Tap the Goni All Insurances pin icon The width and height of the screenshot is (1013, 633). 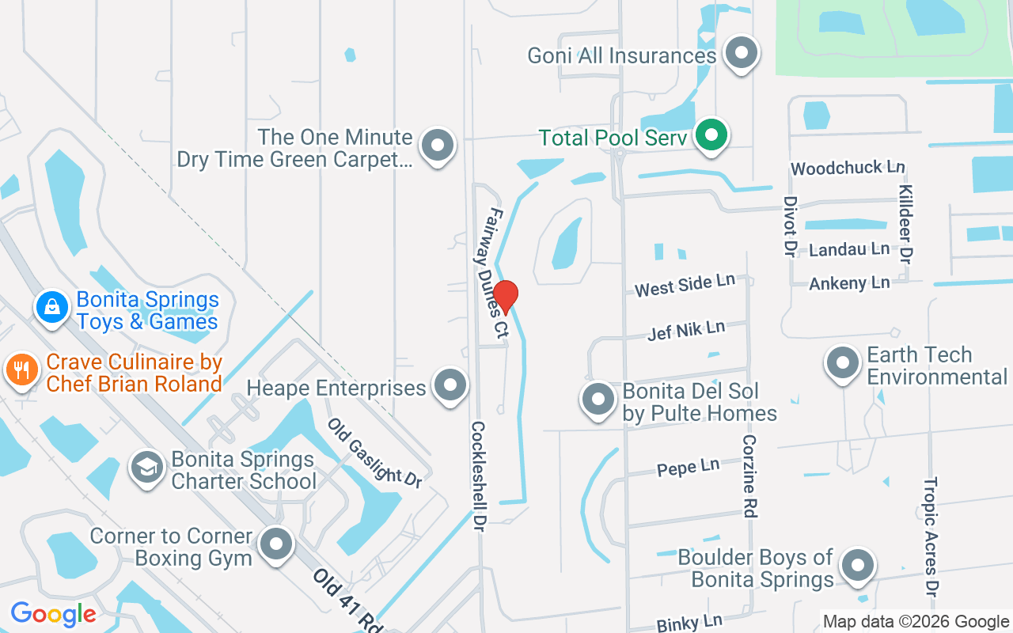click(x=742, y=53)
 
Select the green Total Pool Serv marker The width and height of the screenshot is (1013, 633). click(x=711, y=135)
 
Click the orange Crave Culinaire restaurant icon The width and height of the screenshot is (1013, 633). click(x=22, y=370)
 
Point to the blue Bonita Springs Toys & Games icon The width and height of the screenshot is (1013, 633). click(x=52, y=307)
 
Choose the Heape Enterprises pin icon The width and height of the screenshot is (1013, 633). click(x=451, y=386)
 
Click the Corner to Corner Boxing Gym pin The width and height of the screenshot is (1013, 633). click(x=276, y=544)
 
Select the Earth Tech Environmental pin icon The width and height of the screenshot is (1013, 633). click(x=842, y=363)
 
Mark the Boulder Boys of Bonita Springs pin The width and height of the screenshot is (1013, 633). click(x=857, y=566)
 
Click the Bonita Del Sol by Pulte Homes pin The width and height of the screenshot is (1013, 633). click(x=598, y=400)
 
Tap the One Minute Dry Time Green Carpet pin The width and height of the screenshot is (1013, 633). click(x=437, y=146)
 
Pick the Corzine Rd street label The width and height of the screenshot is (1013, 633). click(x=749, y=476)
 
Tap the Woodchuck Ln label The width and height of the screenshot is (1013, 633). click(x=847, y=168)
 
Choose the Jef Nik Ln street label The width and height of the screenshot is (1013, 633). click(x=686, y=330)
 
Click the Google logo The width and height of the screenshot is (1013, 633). click(x=53, y=614)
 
